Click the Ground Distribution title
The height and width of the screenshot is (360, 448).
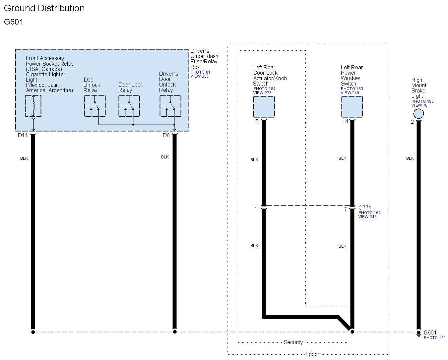tap(44, 8)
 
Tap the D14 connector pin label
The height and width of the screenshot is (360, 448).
tap(23, 135)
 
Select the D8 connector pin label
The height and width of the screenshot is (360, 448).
tap(166, 135)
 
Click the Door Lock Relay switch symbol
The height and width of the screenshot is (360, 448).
tap(129, 106)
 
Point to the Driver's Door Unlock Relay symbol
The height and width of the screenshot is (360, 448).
tap(170, 106)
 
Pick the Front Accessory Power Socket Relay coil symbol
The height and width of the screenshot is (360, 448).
tap(33, 106)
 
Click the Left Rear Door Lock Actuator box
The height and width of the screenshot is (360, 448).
tap(264, 106)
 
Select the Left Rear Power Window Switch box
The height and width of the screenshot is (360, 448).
tap(352, 106)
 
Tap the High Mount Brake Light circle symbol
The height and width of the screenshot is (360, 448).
tap(418, 114)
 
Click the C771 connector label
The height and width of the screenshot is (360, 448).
tap(365, 208)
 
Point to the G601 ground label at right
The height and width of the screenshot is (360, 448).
tap(430, 332)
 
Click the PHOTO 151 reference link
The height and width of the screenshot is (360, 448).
tap(434, 338)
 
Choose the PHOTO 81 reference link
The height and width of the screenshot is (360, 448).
tap(200, 72)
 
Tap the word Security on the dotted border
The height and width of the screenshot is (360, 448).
tap(293, 342)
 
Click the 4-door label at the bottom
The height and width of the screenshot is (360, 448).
tap(311, 354)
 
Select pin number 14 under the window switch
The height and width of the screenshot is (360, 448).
tap(345, 122)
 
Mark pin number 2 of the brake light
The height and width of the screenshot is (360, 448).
tap(412, 122)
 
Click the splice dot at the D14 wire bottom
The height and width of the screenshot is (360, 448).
tap(33, 331)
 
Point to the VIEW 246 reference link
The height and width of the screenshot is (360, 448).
tap(367, 217)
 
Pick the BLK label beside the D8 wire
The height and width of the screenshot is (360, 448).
tap(165, 157)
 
